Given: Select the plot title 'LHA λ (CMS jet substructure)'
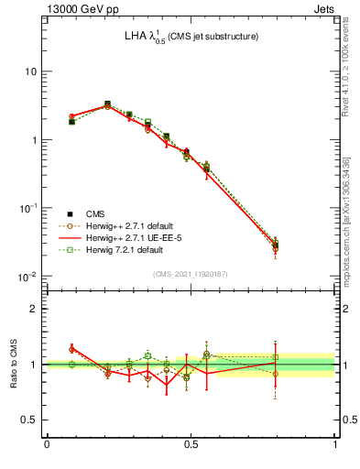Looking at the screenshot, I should coord(191,38).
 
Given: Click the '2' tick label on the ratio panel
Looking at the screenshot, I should coord(35,309).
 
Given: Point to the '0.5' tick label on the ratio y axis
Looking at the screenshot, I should coord(29,420).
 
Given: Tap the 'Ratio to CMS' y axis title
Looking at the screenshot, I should coord(14,364).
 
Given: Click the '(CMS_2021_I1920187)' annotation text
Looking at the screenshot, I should coord(191,274).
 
